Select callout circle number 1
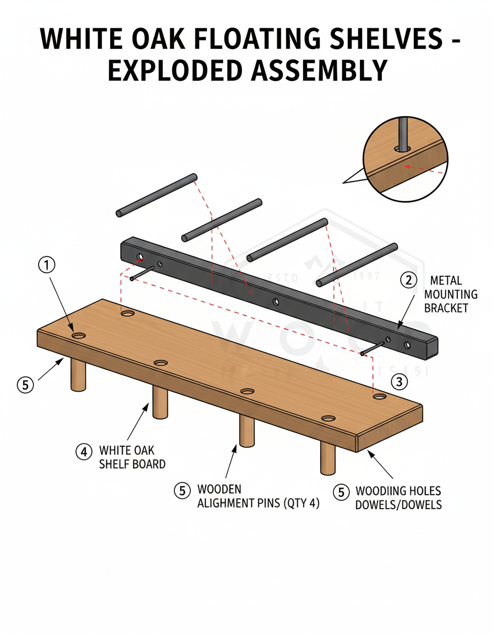[x=47, y=265]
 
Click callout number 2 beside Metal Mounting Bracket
[x=408, y=280]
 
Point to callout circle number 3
[x=399, y=381]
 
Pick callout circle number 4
[x=83, y=452]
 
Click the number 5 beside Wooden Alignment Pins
[x=182, y=489]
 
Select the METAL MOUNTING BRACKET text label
[x=451, y=294]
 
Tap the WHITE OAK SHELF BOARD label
[x=132, y=457]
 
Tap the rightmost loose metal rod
[x=357, y=264]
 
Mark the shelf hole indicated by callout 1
[x=79, y=335]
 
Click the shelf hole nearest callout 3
[x=379, y=396]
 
